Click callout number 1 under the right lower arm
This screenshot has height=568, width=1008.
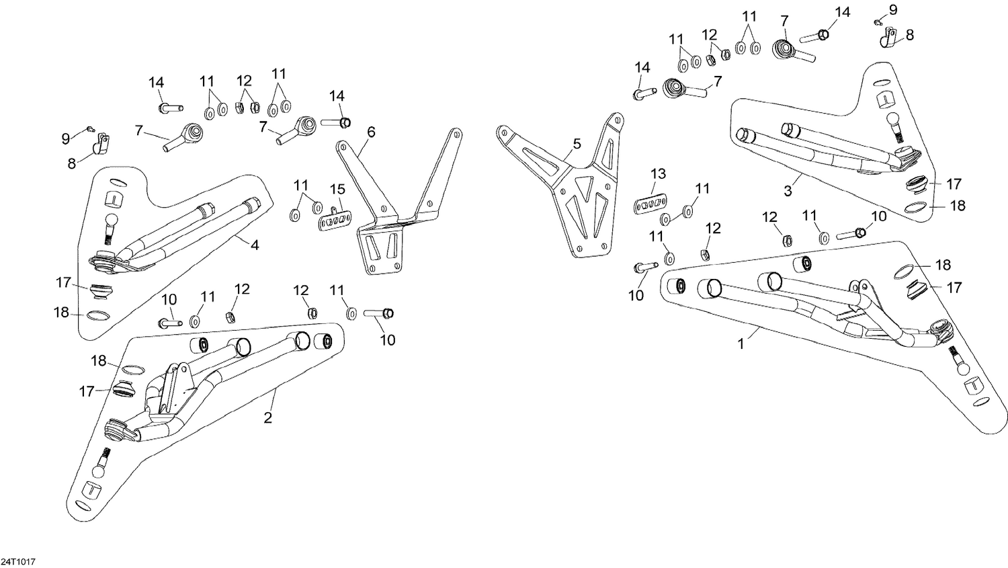point(741,343)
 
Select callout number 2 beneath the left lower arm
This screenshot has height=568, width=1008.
point(267,418)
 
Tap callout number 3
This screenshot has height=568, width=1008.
point(788,191)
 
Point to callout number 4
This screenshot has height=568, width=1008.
point(255,245)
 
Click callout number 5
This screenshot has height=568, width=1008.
point(577,144)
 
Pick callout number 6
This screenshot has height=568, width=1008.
point(370,132)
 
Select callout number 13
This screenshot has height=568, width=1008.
point(658,174)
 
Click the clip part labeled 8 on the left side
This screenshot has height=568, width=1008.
point(101,143)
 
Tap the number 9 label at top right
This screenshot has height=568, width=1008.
point(892,9)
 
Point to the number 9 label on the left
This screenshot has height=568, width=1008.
point(65,139)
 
